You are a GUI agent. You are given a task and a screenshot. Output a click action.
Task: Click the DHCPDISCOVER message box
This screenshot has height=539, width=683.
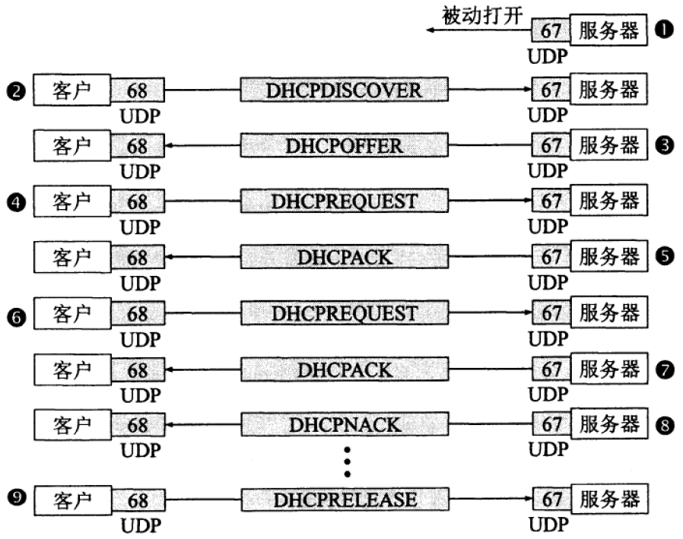click(x=344, y=90)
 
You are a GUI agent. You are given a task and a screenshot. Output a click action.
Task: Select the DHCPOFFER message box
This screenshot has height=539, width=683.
click(x=344, y=146)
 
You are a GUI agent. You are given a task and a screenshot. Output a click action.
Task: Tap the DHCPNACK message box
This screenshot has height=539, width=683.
click(x=344, y=425)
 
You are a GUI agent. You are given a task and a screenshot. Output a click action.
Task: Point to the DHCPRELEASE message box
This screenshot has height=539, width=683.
click(x=344, y=500)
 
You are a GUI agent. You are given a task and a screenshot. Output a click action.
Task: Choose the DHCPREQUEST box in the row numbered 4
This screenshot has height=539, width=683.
click(x=344, y=202)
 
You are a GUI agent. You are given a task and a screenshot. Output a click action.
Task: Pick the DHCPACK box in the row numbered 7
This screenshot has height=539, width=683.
click(x=344, y=369)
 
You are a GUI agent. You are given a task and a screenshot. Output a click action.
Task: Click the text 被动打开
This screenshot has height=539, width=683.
click(x=481, y=15)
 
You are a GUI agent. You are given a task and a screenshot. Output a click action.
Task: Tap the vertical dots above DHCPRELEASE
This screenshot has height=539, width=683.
click(x=347, y=460)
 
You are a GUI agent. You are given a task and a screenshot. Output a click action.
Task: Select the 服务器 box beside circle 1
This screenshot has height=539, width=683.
click(x=608, y=31)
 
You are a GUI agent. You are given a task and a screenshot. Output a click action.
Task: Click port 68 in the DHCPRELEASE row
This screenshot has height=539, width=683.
click(x=138, y=500)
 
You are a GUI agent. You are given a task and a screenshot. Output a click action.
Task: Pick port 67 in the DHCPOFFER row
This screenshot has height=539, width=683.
click(x=550, y=146)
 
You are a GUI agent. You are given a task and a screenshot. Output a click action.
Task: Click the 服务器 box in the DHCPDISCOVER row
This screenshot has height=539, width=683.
click(x=608, y=90)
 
